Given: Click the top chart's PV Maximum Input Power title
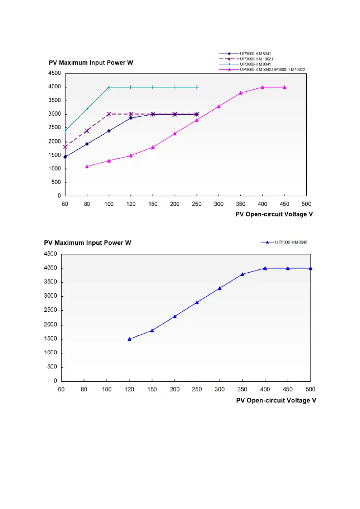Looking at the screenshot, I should click(91, 63).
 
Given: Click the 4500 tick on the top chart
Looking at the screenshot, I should click(54, 73).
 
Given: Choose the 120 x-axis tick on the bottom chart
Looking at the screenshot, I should click(129, 389).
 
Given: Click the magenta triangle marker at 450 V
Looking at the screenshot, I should click(285, 87).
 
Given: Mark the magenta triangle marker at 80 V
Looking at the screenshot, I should click(87, 166).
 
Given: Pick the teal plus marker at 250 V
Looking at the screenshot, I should click(197, 87).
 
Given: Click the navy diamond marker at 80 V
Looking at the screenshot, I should click(87, 144).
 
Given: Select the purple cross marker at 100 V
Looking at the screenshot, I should click(109, 114).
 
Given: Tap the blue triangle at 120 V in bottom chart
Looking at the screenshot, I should click(129, 339).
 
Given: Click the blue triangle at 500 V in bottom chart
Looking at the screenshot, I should click(311, 268).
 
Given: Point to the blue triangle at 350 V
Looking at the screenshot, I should click(242, 274).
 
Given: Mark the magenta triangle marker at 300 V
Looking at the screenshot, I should click(219, 106).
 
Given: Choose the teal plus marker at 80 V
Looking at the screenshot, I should click(87, 109).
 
